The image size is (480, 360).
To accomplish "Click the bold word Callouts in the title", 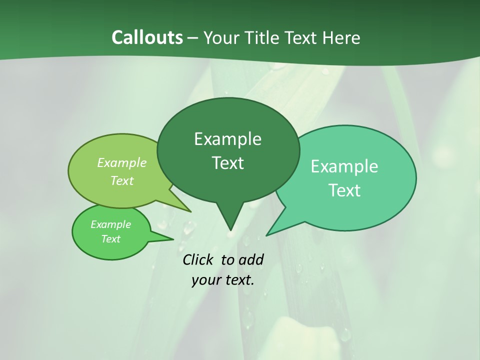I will pos(147,37).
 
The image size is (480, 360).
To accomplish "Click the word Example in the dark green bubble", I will pos(227,139).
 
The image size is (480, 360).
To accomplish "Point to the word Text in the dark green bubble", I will pos(227,163).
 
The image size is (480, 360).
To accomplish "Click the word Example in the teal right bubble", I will pos(344,166).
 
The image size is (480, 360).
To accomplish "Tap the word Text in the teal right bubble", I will pos(344,190).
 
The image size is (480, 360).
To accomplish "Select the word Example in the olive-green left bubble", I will pos(122,162).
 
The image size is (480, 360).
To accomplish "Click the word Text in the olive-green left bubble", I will pos(122,180).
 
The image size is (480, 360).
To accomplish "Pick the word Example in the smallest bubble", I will pos(110,224).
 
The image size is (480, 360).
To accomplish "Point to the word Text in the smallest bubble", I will pos(110,239).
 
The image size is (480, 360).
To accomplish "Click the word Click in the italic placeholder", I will pos(198,259).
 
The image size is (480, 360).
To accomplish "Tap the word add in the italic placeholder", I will pos(251,259).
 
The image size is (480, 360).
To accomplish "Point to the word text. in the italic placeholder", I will pos(238,280).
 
